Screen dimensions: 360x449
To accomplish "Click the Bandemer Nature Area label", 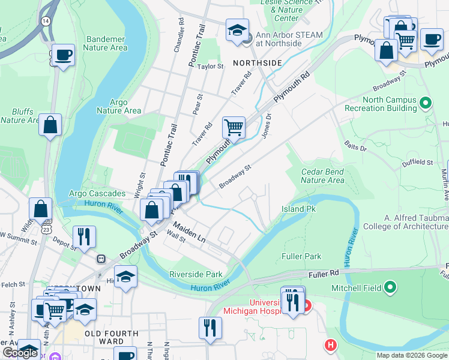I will (x=106, y=43).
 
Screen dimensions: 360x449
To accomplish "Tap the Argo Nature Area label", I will (x=119, y=106).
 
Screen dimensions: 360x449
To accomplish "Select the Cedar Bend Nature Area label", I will (x=322, y=176).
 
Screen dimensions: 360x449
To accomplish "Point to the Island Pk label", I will (x=298, y=209).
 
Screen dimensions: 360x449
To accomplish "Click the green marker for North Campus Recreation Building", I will (x=426, y=103).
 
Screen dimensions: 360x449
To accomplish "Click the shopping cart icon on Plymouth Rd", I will (x=234, y=127).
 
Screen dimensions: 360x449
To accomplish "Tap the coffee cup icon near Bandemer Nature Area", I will (x=62, y=55).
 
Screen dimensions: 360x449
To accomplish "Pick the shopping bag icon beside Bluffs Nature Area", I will (x=50, y=125).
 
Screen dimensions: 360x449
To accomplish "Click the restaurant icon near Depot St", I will (x=84, y=236).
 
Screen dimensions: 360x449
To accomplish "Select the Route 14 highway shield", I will (x=45, y=20).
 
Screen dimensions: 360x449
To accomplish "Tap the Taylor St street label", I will (x=211, y=67).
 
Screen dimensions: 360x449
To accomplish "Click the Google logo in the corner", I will (x=20, y=353).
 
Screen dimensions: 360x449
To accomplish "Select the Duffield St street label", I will (x=417, y=163).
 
